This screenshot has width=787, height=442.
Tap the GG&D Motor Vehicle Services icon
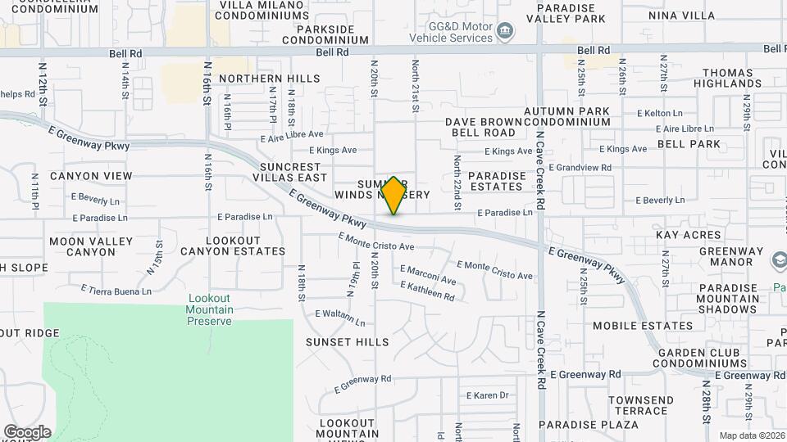506,32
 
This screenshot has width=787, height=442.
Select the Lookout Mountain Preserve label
210,309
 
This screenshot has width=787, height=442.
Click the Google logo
27,432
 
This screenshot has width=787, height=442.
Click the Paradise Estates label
497,182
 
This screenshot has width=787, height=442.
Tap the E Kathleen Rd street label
426,291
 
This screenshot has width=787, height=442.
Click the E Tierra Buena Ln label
116,290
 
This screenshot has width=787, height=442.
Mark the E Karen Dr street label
488,395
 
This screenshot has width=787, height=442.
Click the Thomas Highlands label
727,78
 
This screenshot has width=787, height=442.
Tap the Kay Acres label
688,235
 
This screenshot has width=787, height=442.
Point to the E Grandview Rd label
580,168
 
